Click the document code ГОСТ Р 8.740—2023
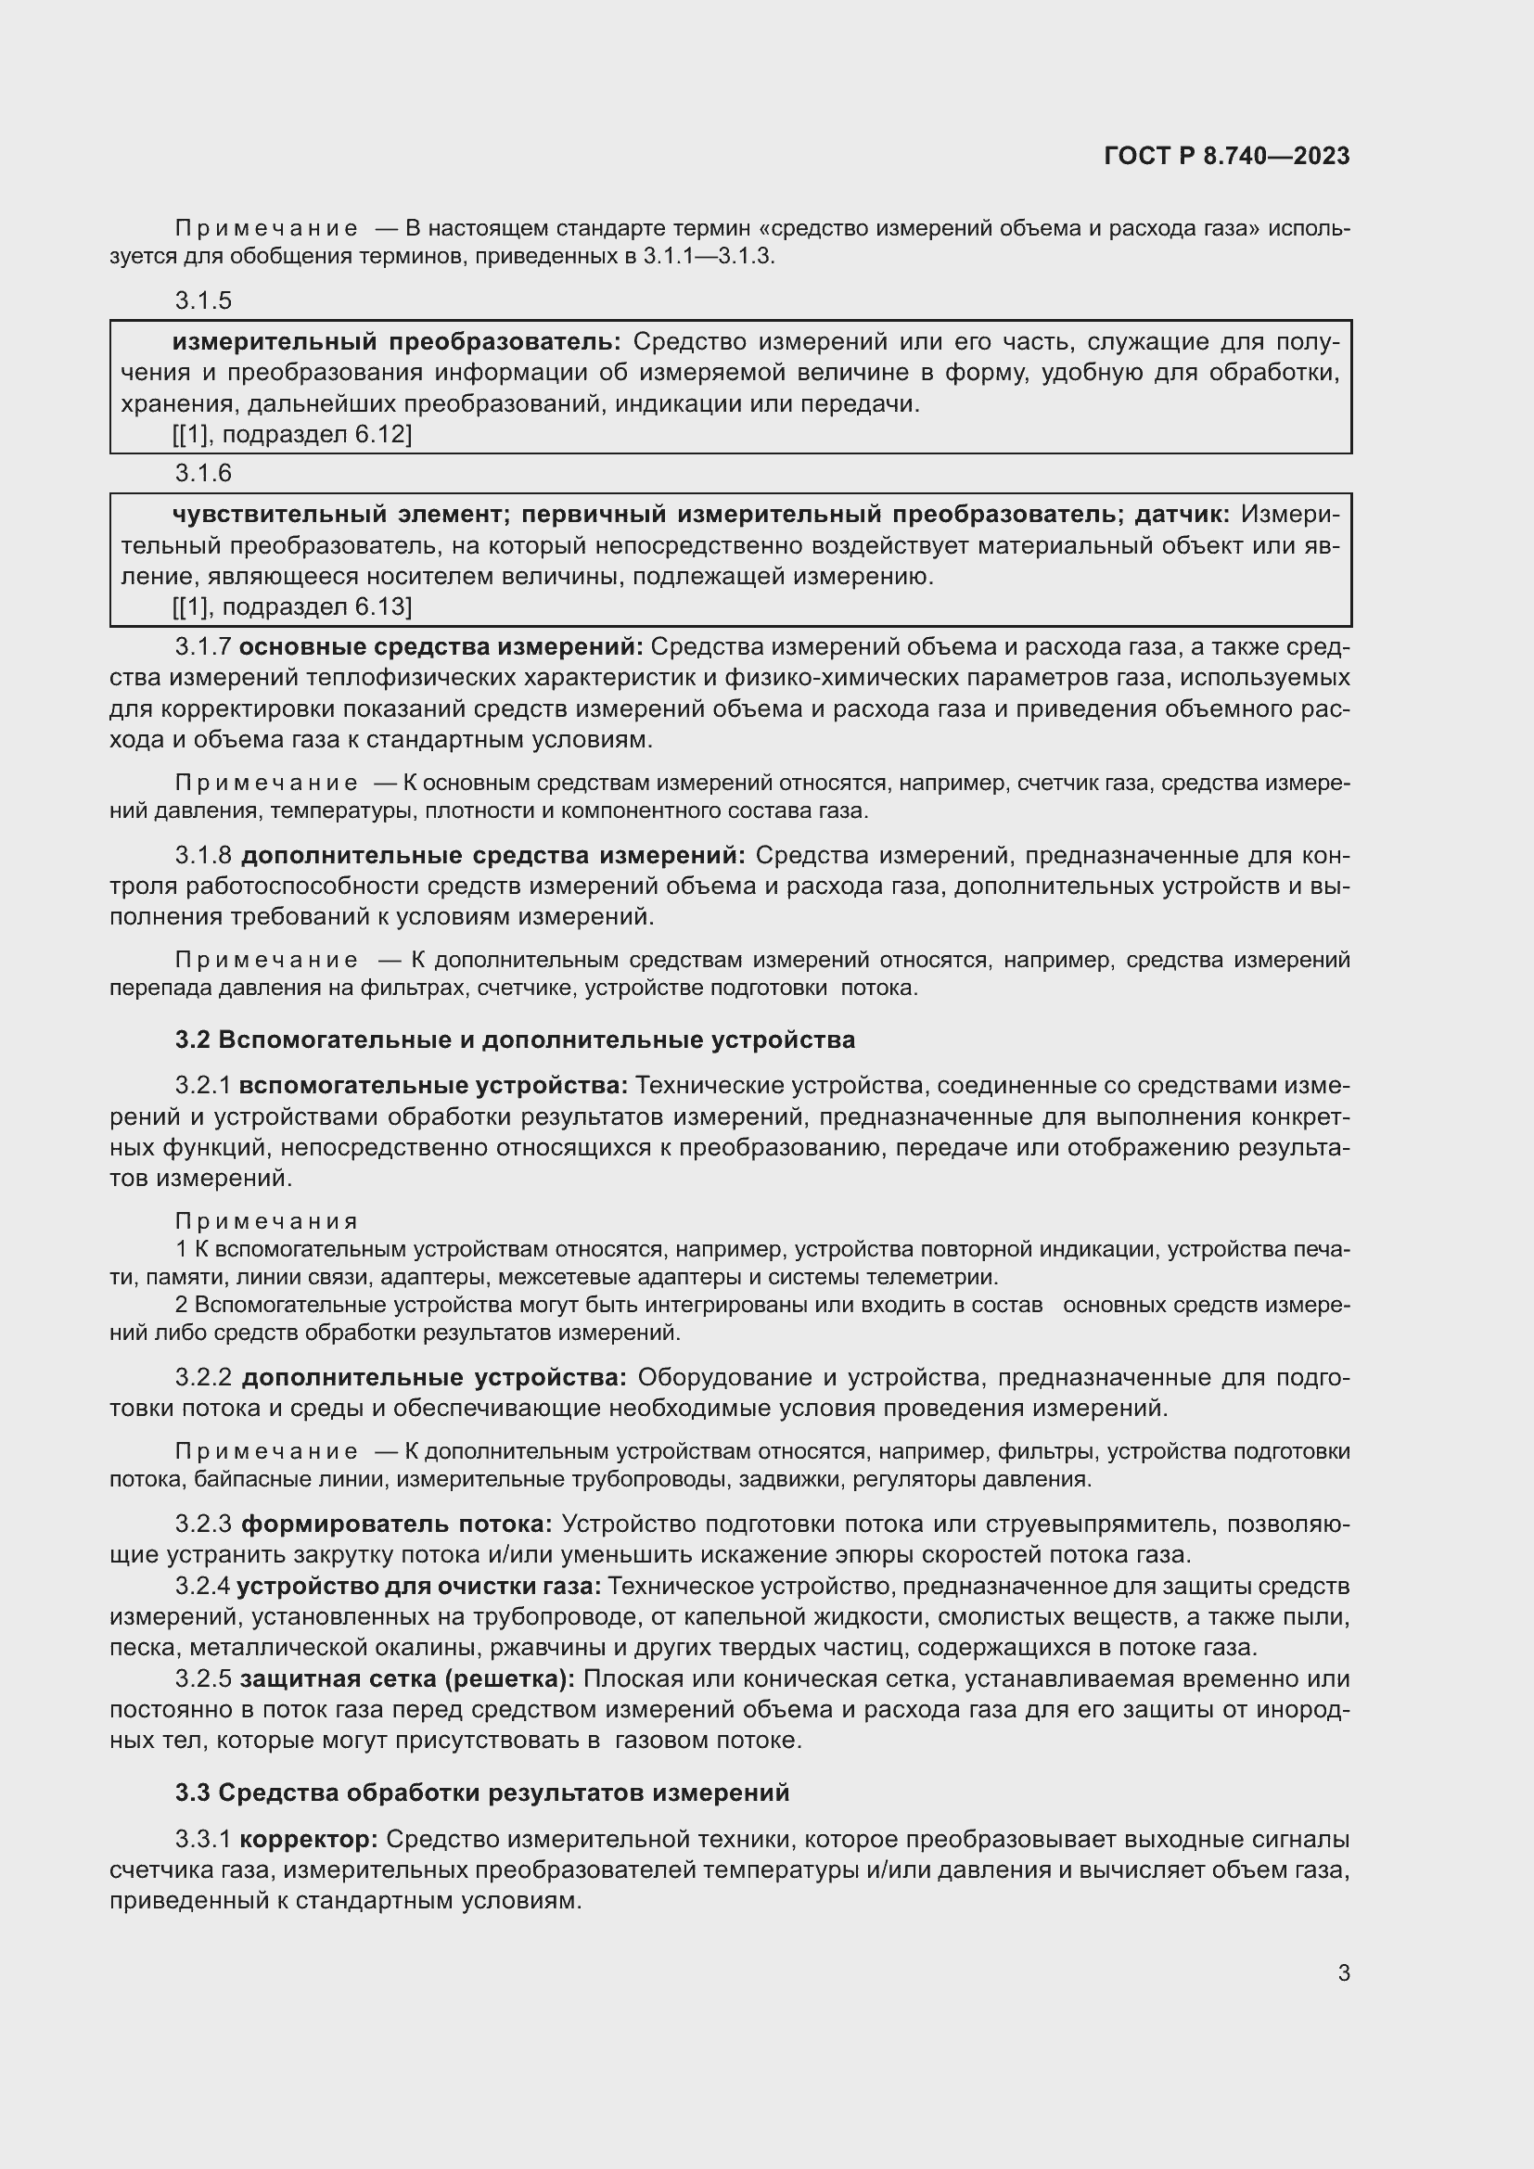coord(1226,156)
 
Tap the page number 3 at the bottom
coord(1343,1972)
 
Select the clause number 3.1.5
coord(203,300)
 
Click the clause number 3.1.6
coord(203,472)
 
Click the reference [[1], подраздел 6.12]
coord(291,435)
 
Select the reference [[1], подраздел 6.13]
coord(291,606)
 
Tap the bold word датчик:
coord(1182,514)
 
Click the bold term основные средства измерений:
coord(441,647)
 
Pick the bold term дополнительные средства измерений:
coord(493,856)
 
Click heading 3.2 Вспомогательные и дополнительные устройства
coord(515,1040)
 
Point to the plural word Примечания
coord(266,1222)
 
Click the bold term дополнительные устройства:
coord(433,1378)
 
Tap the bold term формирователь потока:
coord(397,1525)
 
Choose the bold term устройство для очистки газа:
coord(418,1586)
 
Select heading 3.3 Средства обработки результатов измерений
coord(481,1793)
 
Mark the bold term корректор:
coord(309,1839)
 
